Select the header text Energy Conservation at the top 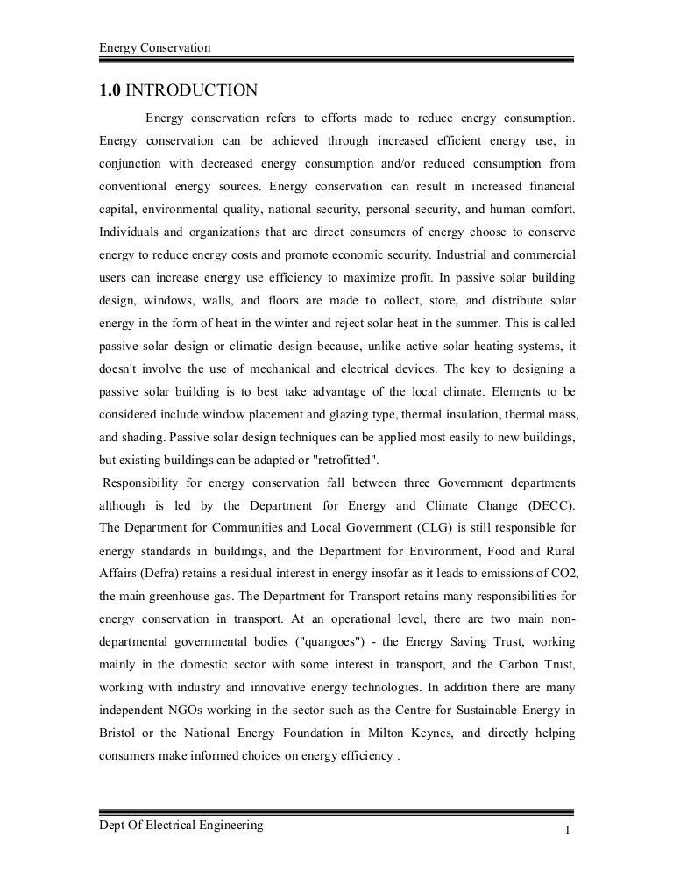click(x=155, y=46)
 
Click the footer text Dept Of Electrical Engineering click(x=181, y=825)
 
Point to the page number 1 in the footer click(x=569, y=830)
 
